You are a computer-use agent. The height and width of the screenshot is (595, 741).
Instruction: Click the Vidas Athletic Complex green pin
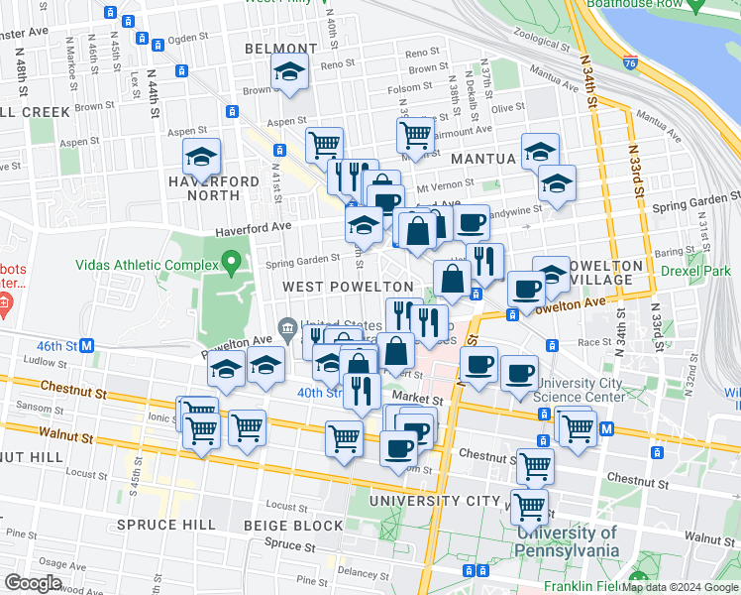pos(233,264)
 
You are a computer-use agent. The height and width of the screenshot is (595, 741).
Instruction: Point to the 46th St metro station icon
pos(87,345)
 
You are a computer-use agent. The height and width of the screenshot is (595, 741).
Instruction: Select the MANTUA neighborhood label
pos(482,158)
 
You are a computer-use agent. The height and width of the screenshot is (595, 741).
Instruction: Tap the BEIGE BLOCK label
pos(295,525)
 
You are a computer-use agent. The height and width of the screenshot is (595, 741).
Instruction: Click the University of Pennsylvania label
pos(567,541)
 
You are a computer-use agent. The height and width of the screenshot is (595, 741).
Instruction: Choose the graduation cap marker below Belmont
pos(289,72)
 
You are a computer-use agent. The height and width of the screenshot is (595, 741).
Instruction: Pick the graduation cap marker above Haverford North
pos(201,158)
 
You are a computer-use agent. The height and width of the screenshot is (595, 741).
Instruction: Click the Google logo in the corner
pos(33,583)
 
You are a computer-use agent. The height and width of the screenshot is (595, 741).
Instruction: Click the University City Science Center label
pos(580,390)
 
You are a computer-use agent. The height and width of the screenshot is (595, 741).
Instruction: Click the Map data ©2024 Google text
pos(679,587)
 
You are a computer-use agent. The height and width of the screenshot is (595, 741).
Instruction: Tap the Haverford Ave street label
pos(255,229)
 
